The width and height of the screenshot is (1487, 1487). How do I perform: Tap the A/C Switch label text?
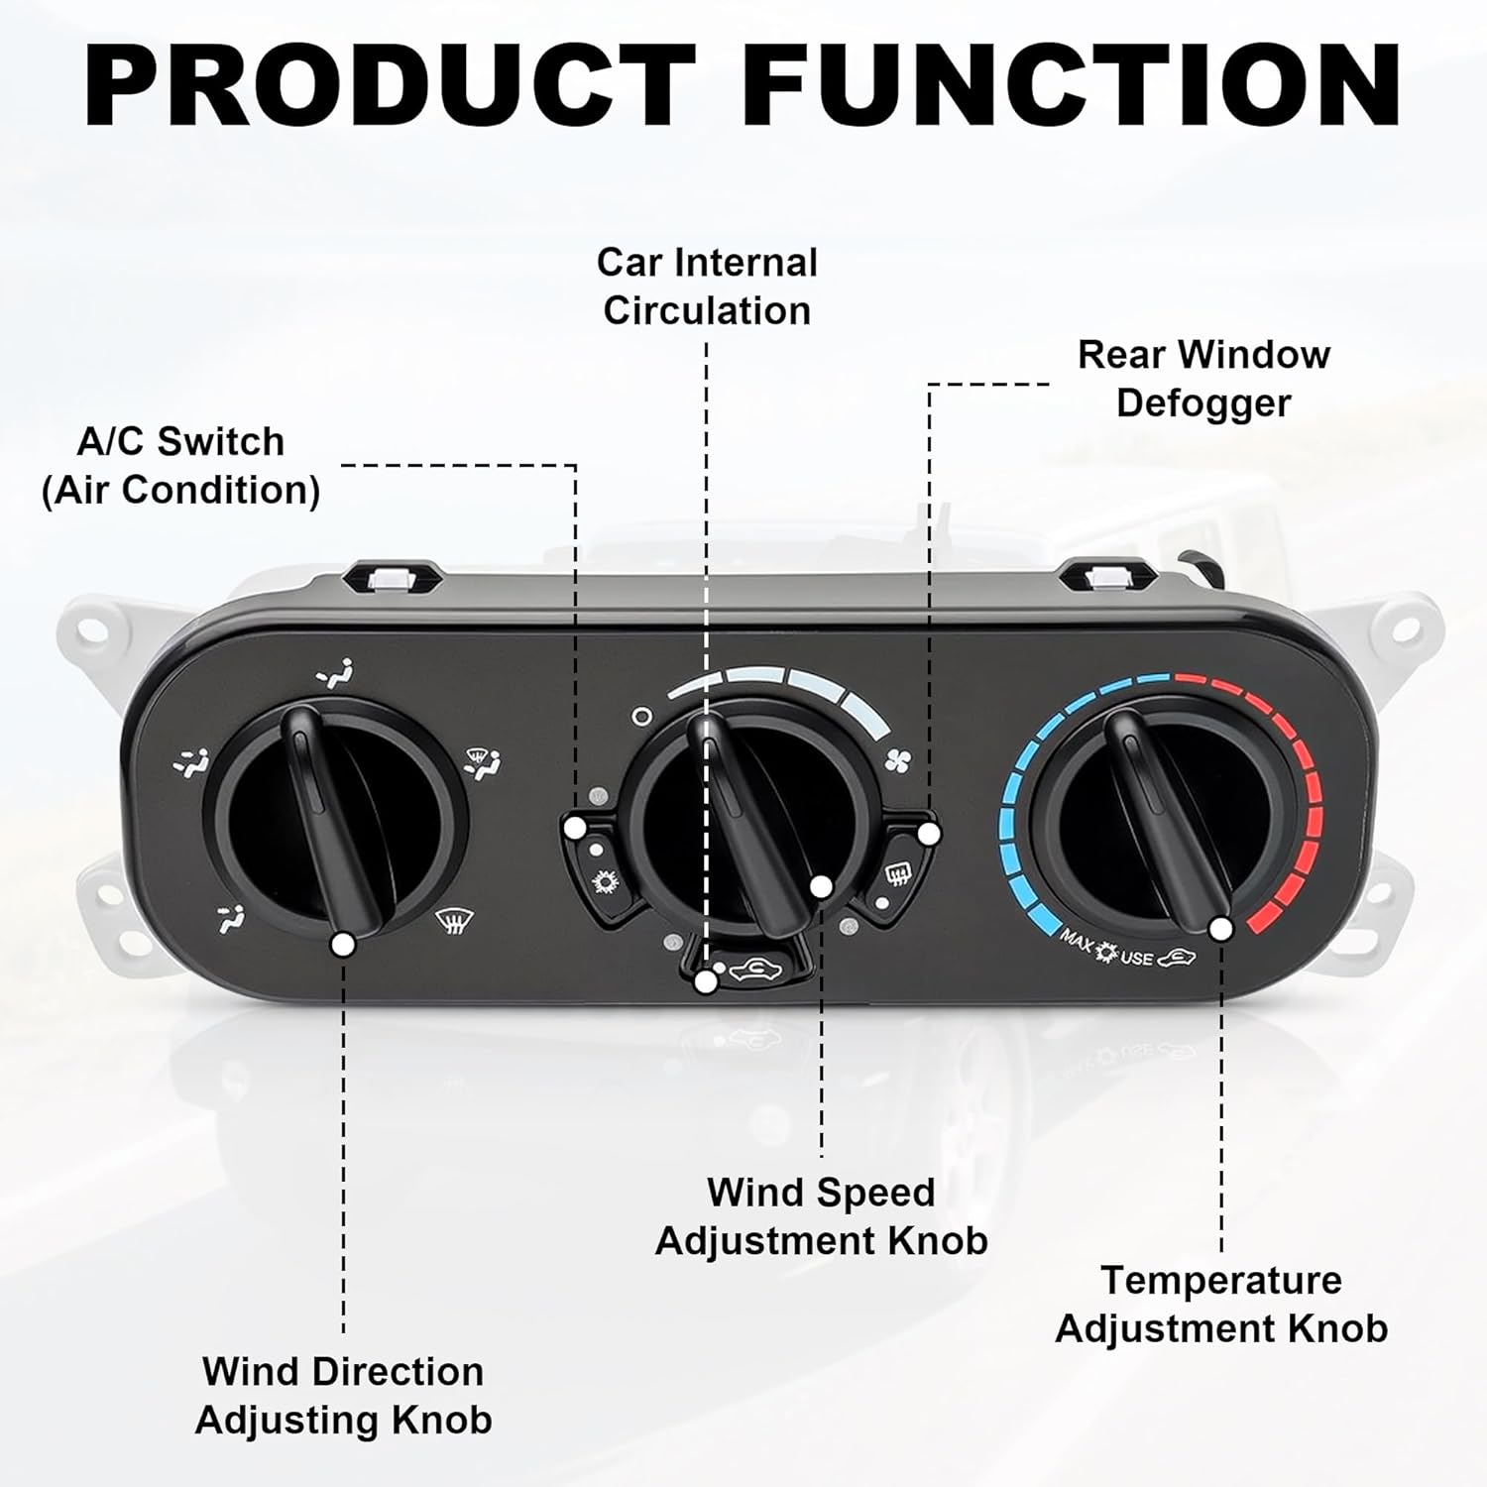(x=180, y=466)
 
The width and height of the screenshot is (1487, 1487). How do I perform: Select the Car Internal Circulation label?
(x=707, y=286)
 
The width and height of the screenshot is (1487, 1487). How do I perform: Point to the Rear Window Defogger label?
(x=1203, y=378)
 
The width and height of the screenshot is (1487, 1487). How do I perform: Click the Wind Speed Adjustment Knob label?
(x=821, y=1216)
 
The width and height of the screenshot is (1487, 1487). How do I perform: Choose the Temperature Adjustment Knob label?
(x=1221, y=1304)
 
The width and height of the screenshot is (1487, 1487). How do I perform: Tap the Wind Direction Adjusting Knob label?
(x=343, y=1395)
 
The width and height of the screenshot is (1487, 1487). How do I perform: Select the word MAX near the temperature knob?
(x=1077, y=939)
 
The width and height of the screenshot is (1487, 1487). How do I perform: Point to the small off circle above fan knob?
(x=641, y=715)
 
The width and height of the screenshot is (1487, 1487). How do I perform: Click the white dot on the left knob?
(x=343, y=945)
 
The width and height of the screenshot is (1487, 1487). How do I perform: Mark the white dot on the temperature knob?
(x=1221, y=929)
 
